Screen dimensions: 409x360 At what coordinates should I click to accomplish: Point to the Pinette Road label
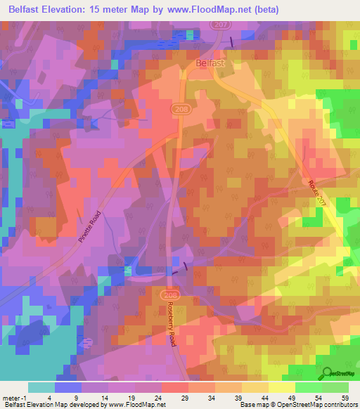click(x=89, y=226)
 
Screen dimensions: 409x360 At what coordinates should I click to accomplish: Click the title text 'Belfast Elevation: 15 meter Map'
click(x=86, y=9)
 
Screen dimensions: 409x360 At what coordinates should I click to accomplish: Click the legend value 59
click(x=345, y=398)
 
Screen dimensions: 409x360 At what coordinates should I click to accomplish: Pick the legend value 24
click(x=157, y=398)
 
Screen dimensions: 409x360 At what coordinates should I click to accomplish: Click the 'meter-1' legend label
click(x=14, y=398)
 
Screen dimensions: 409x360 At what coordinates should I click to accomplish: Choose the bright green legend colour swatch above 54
click(x=309, y=387)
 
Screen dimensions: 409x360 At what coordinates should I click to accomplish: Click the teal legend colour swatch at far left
click(x=41, y=387)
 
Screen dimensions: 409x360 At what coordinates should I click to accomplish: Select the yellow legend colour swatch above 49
click(x=282, y=387)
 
